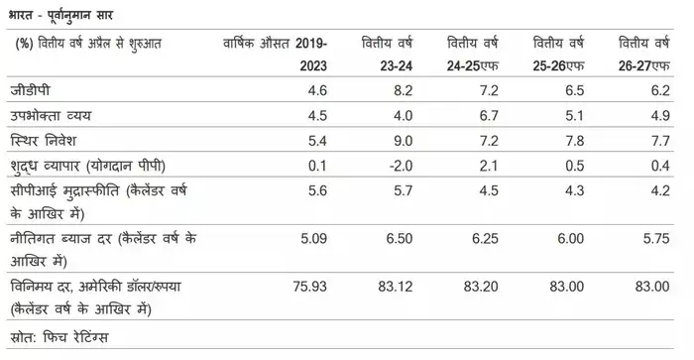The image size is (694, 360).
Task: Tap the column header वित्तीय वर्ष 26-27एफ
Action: click(644, 53)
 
